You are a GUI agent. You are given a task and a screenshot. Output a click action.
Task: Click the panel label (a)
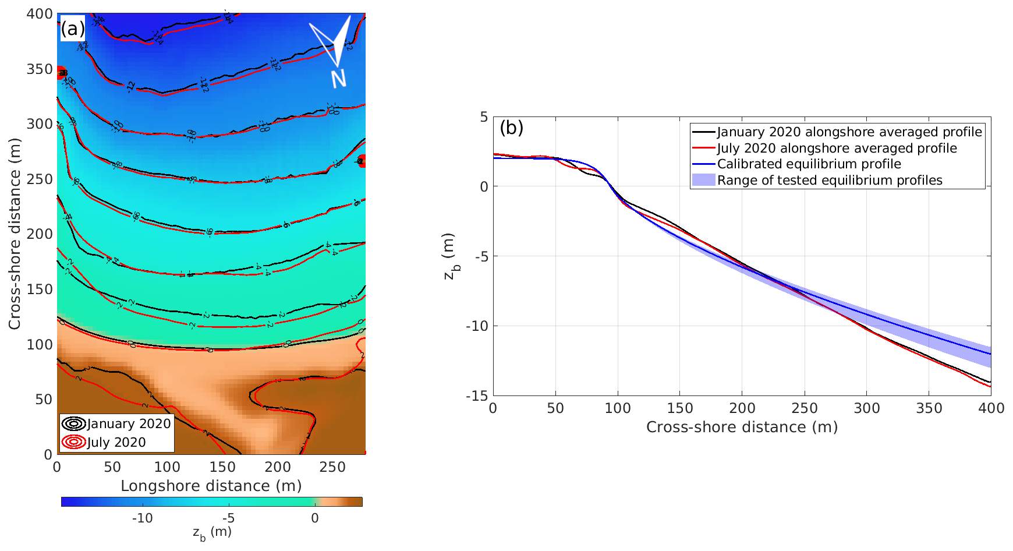(x=73, y=28)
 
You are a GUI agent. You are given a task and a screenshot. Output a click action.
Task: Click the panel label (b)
(x=511, y=128)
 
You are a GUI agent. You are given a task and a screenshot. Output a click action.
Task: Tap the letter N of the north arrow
(x=339, y=78)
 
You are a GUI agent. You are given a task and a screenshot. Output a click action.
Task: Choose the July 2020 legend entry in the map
(x=116, y=442)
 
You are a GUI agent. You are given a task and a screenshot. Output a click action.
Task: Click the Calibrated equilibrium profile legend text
(x=809, y=164)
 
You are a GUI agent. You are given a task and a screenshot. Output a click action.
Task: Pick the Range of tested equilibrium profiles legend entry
(x=829, y=181)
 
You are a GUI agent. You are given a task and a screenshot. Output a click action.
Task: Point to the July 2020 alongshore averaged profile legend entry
(x=837, y=149)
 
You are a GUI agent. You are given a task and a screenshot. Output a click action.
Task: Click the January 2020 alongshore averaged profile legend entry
(x=849, y=132)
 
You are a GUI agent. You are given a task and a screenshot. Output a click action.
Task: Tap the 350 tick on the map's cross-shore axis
(x=40, y=69)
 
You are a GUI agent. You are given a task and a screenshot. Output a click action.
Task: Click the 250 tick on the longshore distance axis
(x=332, y=467)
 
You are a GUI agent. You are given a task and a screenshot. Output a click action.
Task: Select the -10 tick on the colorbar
(x=142, y=518)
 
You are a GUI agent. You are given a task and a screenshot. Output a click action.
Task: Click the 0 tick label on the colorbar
(x=314, y=518)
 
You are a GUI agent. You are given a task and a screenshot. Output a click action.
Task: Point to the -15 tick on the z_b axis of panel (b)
(x=477, y=395)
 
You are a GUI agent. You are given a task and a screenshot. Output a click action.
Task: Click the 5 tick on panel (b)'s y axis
(x=484, y=117)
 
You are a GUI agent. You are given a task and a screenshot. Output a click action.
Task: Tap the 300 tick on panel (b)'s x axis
(x=866, y=408)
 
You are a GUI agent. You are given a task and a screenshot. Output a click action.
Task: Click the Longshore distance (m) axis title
(x=211, y=486)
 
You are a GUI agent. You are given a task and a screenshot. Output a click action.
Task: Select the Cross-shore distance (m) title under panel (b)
(x=742, y=427)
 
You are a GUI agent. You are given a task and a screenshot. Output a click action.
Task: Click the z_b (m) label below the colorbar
(x=212, y=533)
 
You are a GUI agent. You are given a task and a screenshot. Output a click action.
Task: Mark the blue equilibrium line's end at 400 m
(x=990, y=354)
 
